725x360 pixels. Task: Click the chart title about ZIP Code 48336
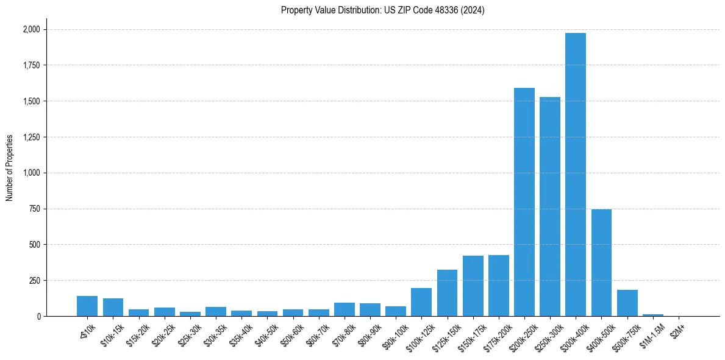(382, 10)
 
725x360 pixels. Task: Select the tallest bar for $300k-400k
(575, 175)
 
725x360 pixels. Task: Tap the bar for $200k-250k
(524, 202)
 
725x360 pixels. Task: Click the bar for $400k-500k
(601, 262)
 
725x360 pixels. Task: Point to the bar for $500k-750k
(627, 303)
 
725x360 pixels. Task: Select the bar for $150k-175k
(473, 286)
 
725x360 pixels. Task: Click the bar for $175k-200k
(498, 286)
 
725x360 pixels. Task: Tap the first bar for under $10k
(87, 306)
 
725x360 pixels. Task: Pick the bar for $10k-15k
(113, 308)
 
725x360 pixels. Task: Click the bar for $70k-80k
(344, 309)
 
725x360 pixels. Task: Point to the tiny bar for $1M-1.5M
(652, 315)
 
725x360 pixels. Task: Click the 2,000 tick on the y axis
(31, 29)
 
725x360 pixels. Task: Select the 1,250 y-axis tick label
(31, 137)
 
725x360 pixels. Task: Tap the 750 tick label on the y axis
(35, 209)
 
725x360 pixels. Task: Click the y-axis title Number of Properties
(10, 167)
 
